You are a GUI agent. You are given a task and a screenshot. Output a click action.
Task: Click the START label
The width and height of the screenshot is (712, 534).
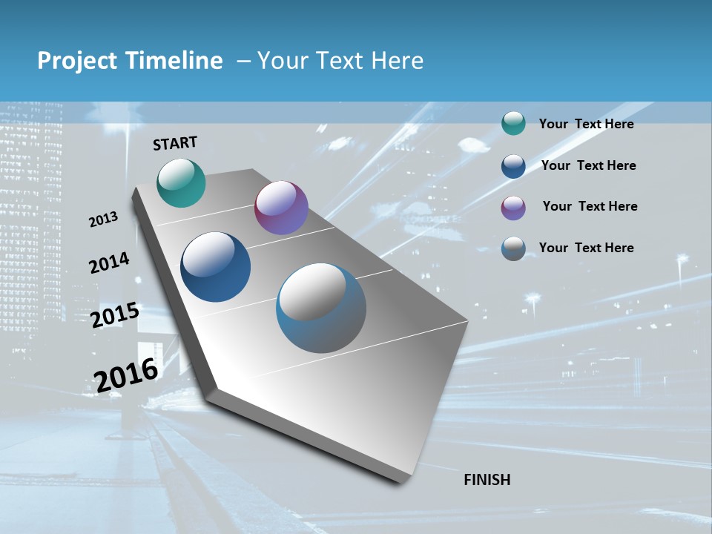(175, 143)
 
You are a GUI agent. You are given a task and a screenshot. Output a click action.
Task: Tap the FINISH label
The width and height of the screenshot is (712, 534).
(487, 480)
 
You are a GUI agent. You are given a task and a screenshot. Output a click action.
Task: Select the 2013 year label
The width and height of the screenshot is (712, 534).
(104, 220)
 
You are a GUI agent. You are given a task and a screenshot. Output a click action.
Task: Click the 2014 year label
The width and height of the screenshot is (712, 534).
(109, 263)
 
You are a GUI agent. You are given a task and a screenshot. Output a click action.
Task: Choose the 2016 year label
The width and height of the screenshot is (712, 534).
(126, 375)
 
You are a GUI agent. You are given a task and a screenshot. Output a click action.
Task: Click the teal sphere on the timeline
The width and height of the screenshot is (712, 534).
(181, 183)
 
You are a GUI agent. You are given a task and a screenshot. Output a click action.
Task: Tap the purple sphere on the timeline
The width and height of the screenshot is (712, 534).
(281, 208)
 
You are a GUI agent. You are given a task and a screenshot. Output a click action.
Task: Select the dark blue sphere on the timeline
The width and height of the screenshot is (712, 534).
(216, 267)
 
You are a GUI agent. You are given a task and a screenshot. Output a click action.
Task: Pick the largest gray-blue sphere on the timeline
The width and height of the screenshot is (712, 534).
(321, 308)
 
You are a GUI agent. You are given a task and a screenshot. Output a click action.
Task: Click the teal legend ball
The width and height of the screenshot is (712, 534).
(513, 124)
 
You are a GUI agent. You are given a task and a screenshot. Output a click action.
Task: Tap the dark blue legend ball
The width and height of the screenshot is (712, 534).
(513, 166)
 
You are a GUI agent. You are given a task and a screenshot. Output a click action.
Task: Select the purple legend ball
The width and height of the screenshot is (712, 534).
(513, 208)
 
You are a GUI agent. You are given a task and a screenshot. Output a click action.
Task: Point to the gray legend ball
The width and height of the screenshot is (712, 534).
(513, 248)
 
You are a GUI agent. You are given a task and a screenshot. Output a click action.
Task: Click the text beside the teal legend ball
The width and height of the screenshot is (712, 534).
(586, 124)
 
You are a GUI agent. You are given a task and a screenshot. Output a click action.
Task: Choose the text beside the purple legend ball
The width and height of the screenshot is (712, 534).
(590, 206)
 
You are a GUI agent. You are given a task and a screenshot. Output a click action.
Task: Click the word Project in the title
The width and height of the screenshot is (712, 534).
(78, 61)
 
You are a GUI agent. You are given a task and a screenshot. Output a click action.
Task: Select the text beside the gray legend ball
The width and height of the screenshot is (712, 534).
(586, 248)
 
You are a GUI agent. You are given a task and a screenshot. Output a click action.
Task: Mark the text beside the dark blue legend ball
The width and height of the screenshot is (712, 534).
(588, 165)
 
